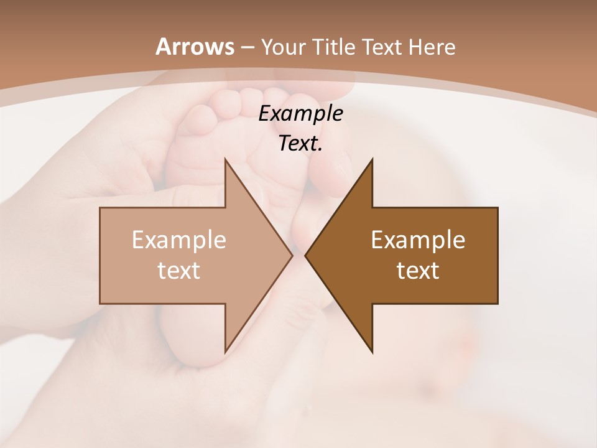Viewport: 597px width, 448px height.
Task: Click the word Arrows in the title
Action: click(x=195, y=47)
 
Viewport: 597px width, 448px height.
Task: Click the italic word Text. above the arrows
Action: click(x=301, y=143)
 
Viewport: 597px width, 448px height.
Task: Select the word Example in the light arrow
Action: click(x=179, y=240)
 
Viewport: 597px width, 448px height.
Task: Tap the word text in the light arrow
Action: click(x=179, y=270)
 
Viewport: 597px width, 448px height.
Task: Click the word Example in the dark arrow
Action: click(x=418, y=240)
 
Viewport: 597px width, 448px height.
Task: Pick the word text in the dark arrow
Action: click(x=418, y=270)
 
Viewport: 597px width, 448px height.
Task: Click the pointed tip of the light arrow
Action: click(x=292, y=255)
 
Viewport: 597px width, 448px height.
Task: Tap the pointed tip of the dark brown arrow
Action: click(x=305, y=255)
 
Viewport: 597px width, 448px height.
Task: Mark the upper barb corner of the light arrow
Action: click(x=225, y=159)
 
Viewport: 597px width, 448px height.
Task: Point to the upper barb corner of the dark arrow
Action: click(x=373, y=159)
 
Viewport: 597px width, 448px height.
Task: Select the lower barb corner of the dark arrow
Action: click(x=373, y=352)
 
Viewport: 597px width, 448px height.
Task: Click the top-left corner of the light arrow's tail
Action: click(x=100, y=208)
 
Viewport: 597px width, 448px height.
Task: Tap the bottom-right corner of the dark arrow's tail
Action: click(x=497, y=304)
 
